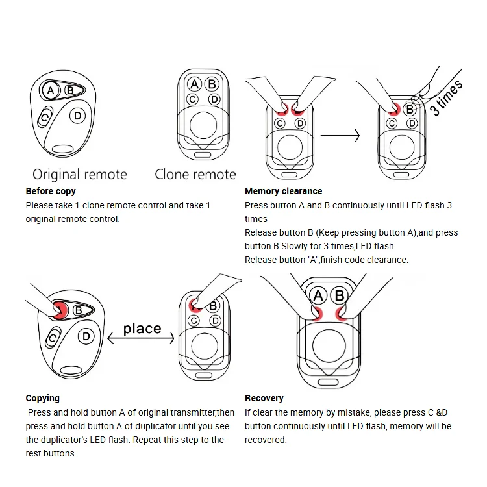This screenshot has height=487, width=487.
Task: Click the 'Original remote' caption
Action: pyautogui.click(x=80, y=174)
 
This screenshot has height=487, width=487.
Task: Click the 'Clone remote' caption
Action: pyautogui.click(x=195, y=174)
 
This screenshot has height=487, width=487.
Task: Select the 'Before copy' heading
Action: pyautogui.click(x=51, y=191)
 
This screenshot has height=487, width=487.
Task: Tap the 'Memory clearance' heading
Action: pyautogui.click(x=283, y=191)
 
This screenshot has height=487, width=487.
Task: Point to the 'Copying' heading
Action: pyautogui.click(x=42, y=398)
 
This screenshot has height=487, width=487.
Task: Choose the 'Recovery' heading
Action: pyautogui.click(x=264, y=398)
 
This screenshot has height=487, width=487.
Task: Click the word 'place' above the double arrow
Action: pyautogui.click(x=142, y=329)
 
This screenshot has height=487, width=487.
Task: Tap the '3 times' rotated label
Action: pyautogui.click(x=447, y=97)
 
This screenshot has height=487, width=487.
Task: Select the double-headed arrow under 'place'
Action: pyautogui.click(x=142, y=338)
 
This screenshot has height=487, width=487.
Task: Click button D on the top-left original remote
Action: pyautogui.click(x=77, y=116)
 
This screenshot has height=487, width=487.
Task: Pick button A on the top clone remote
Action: pyautogui.click(x=194, y=84)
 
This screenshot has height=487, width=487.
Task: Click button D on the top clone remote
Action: pyautogui.click(x=214, y=99)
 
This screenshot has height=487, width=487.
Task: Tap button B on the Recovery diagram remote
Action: pyautogui.click(x=338, y=297)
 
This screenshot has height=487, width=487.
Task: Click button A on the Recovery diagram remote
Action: pyautogui.click(x=318, y=297)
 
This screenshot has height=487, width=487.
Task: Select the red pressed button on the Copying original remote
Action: pyautogui.click(x=60, y=310)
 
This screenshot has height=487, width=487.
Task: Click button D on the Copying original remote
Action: pyautogui.click(x=85, y=336)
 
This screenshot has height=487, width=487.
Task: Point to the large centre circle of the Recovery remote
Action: pyautogui.click(x=329, y=344)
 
